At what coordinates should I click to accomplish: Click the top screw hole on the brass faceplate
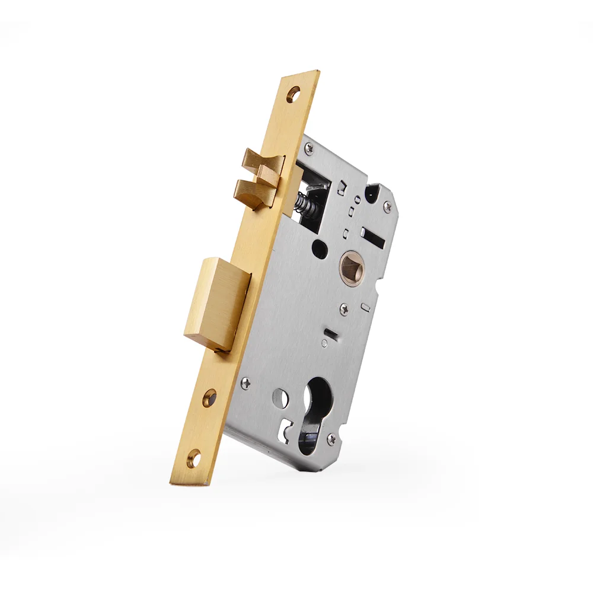294,94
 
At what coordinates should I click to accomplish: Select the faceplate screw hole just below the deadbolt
209,398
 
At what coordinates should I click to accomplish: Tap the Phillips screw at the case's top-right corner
387,206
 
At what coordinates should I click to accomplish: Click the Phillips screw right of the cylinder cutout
333,439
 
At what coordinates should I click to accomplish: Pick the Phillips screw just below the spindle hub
343,308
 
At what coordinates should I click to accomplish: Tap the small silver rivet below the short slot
324,343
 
